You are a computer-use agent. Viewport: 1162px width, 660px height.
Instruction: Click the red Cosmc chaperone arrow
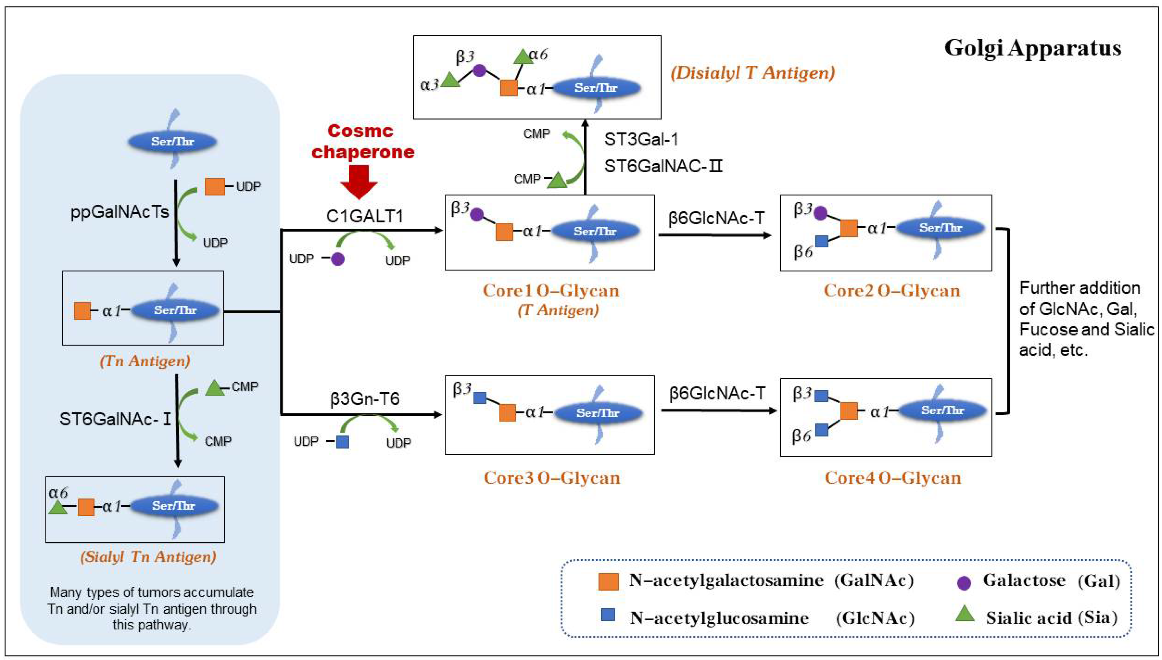pos(359,182)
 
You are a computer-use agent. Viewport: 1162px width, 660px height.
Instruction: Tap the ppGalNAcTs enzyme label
pos(119,212)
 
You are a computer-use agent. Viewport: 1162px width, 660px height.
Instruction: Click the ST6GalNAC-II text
pos(663,166)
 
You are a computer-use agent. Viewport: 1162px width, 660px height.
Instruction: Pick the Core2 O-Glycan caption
pos(891,290)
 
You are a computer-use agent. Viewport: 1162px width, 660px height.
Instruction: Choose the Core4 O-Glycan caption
pos(893,478)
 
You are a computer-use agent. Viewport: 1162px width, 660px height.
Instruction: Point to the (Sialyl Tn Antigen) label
pos(148,556)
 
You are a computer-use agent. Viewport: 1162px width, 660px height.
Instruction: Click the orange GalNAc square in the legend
pos(608,581)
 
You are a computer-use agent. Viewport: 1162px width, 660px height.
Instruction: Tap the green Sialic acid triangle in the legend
pos(965,615)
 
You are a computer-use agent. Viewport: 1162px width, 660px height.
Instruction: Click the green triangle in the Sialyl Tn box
pos(58,508)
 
